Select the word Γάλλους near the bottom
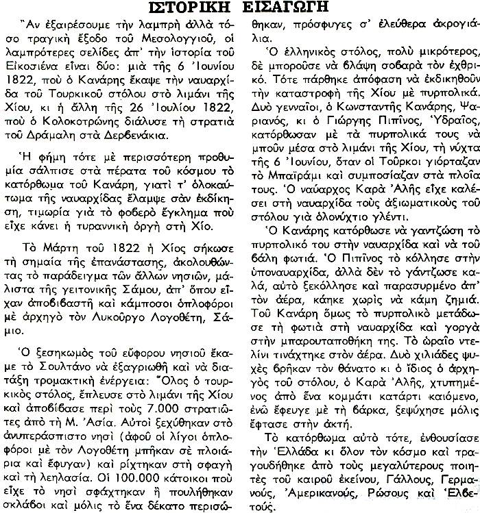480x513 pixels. tap(394, 474)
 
